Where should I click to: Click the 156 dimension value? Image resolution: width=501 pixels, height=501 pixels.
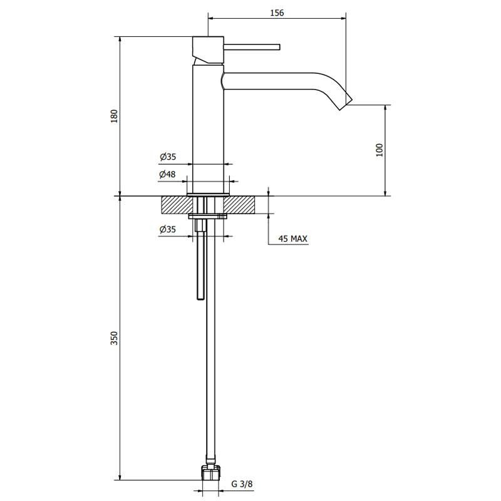tap(277, 13)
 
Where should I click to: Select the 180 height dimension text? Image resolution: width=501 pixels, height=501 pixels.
tap(114, 116)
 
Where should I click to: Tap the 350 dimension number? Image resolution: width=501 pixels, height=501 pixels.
tap(114, 338)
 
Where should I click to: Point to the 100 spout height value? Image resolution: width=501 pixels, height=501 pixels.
tap(380, 150)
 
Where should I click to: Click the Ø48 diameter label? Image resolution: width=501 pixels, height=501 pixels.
tap(167, 175)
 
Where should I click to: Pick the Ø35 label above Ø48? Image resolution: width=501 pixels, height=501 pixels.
tap(168, 157)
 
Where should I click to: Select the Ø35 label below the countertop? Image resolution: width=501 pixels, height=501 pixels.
tap(167, 229)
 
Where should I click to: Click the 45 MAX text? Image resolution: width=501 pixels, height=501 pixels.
tap(292, 239)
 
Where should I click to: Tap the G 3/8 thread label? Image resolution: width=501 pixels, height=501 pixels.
tap(242, 483)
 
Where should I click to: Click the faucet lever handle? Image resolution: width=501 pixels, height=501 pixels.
tap(252, 47)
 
